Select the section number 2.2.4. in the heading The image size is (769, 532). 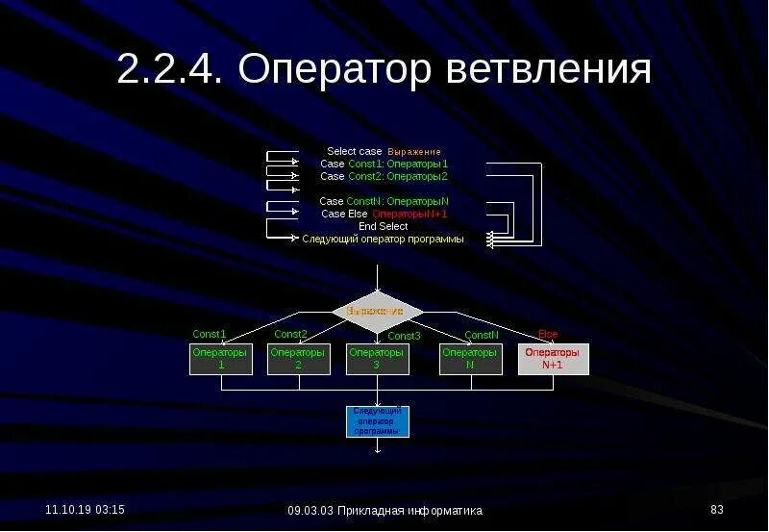click(169, 70)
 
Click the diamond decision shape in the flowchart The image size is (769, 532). click(378, 311)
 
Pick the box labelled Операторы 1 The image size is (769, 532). click(221, 359)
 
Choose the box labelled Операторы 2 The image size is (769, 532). click(298, 359)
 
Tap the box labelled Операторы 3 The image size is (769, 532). click(377, 359)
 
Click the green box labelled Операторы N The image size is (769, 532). click(470, 359)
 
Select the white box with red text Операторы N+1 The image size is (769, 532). click(553, 359)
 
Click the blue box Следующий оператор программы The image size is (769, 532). click(377, 421)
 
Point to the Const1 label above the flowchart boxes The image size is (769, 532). click(209, 335)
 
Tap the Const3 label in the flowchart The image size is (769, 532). click(404, 336)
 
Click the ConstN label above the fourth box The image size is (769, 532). click(482, 335)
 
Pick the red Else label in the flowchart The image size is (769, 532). click(548, 334)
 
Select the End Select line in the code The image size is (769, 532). click(383, 226)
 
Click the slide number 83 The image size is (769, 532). click(716, 509)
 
